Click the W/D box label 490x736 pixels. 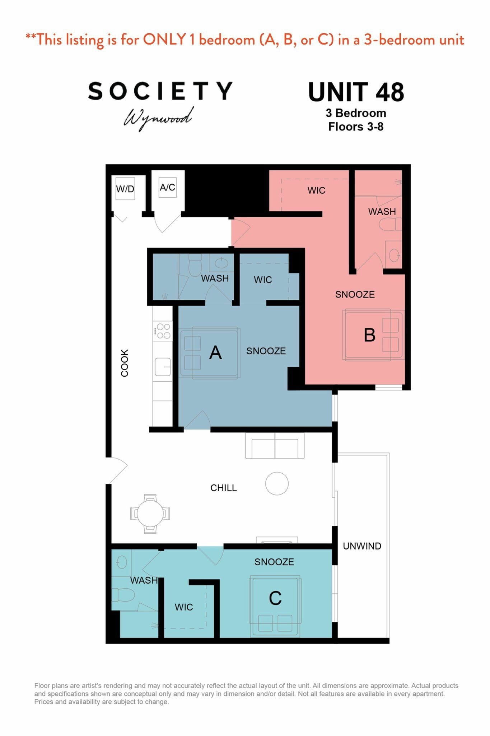[125, 189]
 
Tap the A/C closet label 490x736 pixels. [167, 187]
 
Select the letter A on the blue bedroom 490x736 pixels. [215, 353]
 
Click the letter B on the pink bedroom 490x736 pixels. [369, 335]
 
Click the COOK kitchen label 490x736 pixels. [125, 363]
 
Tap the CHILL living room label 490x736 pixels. [223, 488]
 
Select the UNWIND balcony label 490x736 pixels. [362, 546]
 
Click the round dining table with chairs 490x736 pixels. [150, 514]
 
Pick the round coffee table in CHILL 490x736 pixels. [277, 483]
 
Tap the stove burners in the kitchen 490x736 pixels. [163, 331]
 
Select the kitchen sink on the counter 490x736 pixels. [163, 367]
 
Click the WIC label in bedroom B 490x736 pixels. [316, 190]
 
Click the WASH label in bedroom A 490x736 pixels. [215, 278]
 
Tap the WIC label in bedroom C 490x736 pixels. [184, 607]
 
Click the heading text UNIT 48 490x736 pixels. [356, 92]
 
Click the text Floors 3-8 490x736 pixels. [356, 126]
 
